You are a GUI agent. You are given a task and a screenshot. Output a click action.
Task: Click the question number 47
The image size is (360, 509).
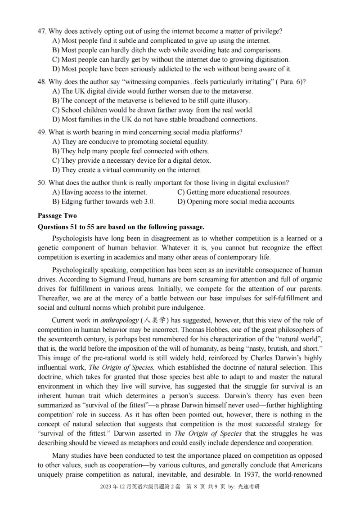click(x=42, y=31)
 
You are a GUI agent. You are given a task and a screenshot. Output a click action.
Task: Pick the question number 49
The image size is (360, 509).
click(x=42, y=132)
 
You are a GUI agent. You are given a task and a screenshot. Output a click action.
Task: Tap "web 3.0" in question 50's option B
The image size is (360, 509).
click(x=141, y=201)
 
